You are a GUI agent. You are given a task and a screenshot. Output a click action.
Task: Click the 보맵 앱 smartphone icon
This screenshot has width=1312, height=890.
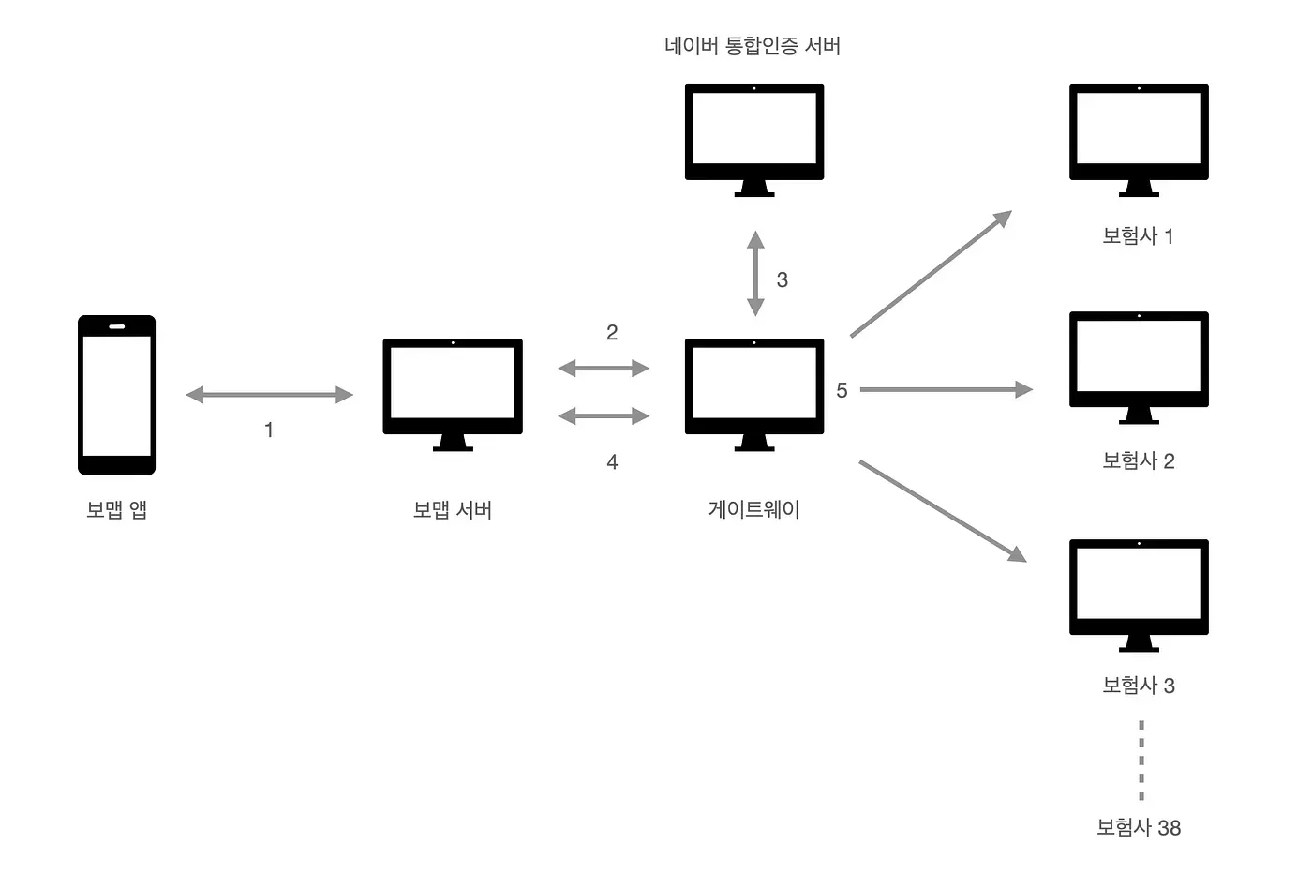click(116, 395)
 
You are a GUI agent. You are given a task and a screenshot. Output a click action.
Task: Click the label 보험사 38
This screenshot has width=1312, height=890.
click(1139, 827)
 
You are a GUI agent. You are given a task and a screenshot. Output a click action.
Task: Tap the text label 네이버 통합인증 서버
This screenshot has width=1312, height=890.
click(753, 46)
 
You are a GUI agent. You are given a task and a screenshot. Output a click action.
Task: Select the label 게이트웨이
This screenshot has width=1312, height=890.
click(754, 509)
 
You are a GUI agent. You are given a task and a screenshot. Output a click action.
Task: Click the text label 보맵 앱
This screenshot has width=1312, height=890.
click(117, 509)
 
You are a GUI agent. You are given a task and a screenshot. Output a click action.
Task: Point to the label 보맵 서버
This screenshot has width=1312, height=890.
click(453, 509)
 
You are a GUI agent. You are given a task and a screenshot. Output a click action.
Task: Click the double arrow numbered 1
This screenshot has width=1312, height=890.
click(270, 395)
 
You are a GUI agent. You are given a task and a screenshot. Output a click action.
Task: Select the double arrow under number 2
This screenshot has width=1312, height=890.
click(604, 368)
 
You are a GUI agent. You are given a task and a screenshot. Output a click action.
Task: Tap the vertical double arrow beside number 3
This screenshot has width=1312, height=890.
click(755, 274)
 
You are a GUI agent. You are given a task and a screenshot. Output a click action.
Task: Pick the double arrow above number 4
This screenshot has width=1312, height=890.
click(604, 415)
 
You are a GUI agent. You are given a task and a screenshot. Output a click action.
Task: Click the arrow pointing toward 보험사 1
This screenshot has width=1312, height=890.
click(931, 274)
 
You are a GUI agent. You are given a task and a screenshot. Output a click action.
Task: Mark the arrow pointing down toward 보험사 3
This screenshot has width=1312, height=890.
click(942, 511)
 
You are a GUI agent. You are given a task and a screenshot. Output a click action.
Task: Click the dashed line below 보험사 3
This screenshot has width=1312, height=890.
click(1141, 760)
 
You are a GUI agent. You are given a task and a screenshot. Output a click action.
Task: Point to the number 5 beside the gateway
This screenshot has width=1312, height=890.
click(842, 390)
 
